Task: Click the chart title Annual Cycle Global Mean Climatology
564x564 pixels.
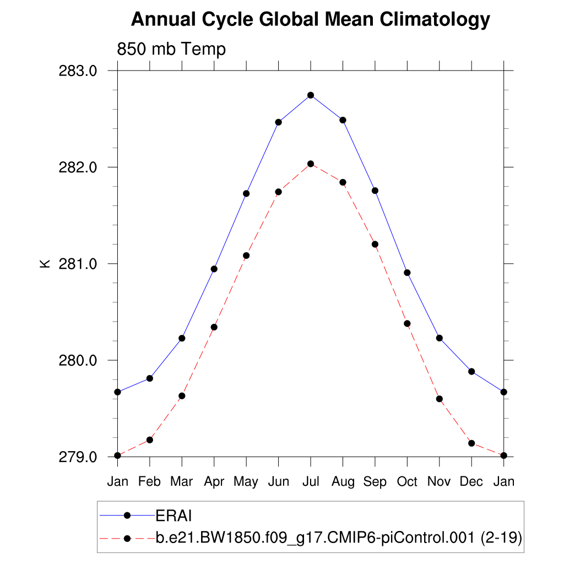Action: pyautogui.click(x=310, y=20)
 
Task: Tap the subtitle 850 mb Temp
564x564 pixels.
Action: pyautogui.click(x=171, y=50)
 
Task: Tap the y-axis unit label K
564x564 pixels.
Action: pyautogui.click(x=45, y=264)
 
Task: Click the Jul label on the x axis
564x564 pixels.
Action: pyautogui.click(x=311, y=482)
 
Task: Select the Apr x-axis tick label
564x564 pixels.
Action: pyautogui.click(x=214, y=482)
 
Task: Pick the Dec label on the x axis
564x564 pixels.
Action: pyautogui.click(x=471, y=482)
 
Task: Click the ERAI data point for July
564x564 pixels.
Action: pyautogui.click(x=311, y=95)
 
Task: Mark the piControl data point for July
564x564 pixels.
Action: pyautogui.click(x=311, y=164)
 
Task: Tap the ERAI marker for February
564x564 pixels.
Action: pyautogui.click(x=150, y=378)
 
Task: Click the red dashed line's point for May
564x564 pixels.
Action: pyautogui.click(x=246, y=256)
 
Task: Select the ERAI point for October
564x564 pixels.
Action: pyautogui.click(x=408, y=273)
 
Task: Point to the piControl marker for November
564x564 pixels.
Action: pyautogui.click(x=440, y=399)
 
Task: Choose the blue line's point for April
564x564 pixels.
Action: pyautogui.click(x=214, y=269)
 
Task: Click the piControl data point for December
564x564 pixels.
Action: pyautogui.click(x=471, y=443)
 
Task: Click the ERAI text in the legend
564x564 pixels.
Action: pyautogui.click(x=173, y=516)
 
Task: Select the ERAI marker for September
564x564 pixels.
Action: pyautogui.click(x=375, y=191)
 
